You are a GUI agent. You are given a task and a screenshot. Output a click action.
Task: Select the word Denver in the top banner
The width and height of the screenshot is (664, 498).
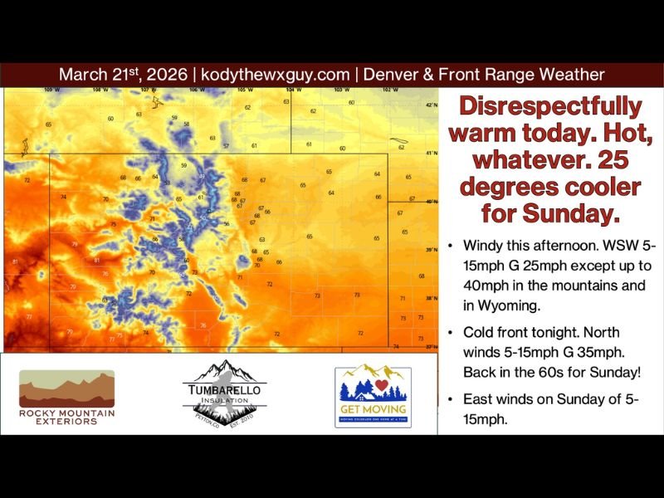click(x=389, y=74)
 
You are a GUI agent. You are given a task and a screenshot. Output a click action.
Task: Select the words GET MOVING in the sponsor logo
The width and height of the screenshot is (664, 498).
click(x=373, y=409)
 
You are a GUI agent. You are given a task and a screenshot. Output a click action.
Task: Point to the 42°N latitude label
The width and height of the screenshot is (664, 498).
click(x=431, y=105)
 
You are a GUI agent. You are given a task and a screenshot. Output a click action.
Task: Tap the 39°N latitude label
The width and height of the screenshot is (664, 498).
click(x=431, y=250)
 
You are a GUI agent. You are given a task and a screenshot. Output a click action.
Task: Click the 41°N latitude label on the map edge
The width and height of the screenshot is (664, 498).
click(x=431, y=154)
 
